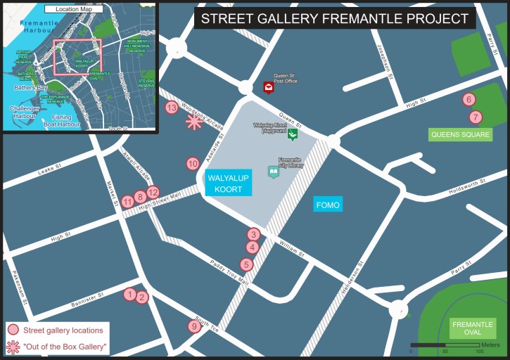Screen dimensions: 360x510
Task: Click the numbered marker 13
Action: [x=172, y=108]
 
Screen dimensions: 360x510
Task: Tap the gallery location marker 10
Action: [x=193, y=164]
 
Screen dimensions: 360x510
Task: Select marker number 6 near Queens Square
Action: [x=469, y=100]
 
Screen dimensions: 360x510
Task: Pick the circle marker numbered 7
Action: [x=476, y=117]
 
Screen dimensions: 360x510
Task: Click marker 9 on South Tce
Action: [x=195, y=326]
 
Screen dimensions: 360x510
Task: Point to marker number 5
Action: [x=246, y=264]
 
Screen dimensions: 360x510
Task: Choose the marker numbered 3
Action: [x=253, y=234]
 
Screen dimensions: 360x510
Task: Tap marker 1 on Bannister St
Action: [x=129, y=295]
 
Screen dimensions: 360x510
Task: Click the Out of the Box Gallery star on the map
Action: [x=193, y=122]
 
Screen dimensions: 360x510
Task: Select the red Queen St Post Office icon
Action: [x=269, y=87]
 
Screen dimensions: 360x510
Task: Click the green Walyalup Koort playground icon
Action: [x=293, y=134]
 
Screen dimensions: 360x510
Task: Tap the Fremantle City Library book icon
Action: [x=273, y=172]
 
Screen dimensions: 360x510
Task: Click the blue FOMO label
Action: [x=328, y=205]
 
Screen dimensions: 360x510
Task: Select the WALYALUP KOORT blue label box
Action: [x=228, y=183]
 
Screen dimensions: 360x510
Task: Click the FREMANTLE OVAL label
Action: [x=473, y=328]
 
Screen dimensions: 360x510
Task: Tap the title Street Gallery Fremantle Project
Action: [x=335, y=18]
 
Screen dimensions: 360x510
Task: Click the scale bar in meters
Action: [x=445, y=345]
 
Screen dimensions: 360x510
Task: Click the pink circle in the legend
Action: [x=13, y=330]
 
